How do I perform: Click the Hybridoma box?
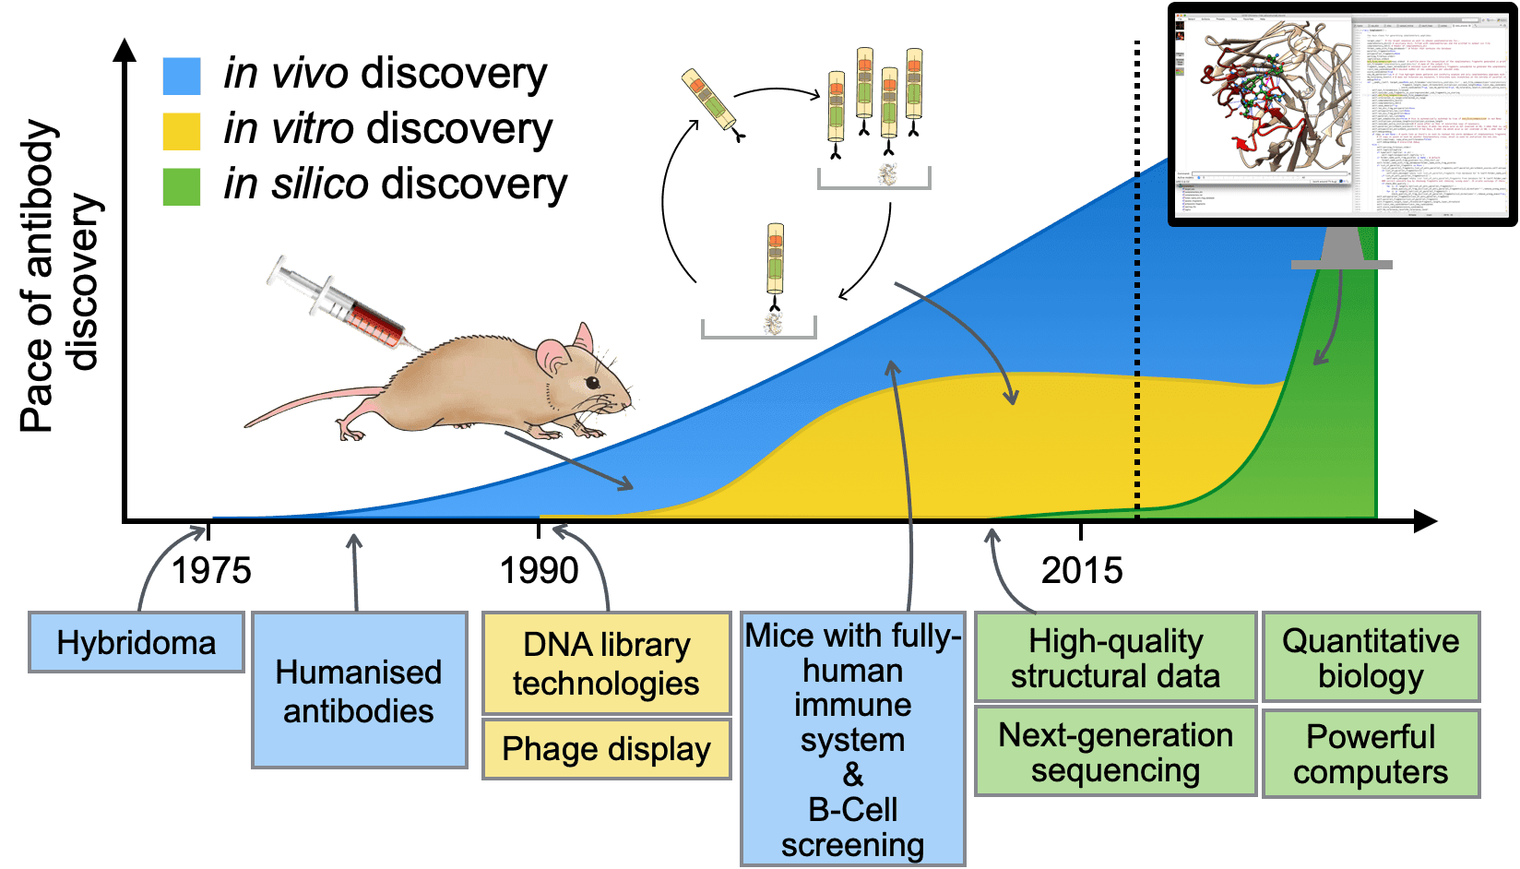point(137,642)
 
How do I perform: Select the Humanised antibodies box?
point(359,690)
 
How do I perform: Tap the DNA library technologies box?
point(606,663)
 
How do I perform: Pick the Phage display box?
point(606,749)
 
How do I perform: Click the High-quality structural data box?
point(1115,658)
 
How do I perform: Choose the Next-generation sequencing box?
point(1115,752)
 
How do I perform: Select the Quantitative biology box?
point(1371,658)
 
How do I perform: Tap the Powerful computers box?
point(1371,754)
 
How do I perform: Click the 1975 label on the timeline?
point(211,570)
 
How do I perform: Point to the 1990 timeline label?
point(539,570)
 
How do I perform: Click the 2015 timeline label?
point(1082,570)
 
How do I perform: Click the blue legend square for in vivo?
point(182,76)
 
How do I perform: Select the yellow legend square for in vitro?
point(182,131)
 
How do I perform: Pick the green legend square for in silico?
point(182,185)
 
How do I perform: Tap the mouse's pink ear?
point(554,356)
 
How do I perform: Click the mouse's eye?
point(591,382)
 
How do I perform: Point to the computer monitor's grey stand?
point(1341,249)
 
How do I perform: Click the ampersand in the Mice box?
point(853,775)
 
